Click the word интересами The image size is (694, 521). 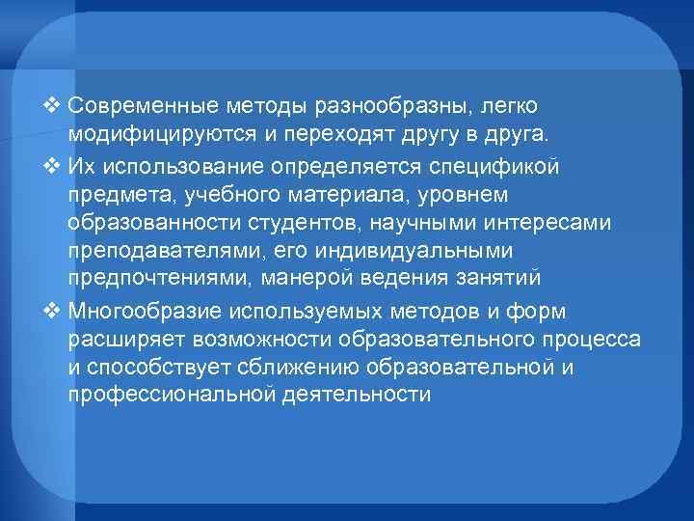pos(570,223)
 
